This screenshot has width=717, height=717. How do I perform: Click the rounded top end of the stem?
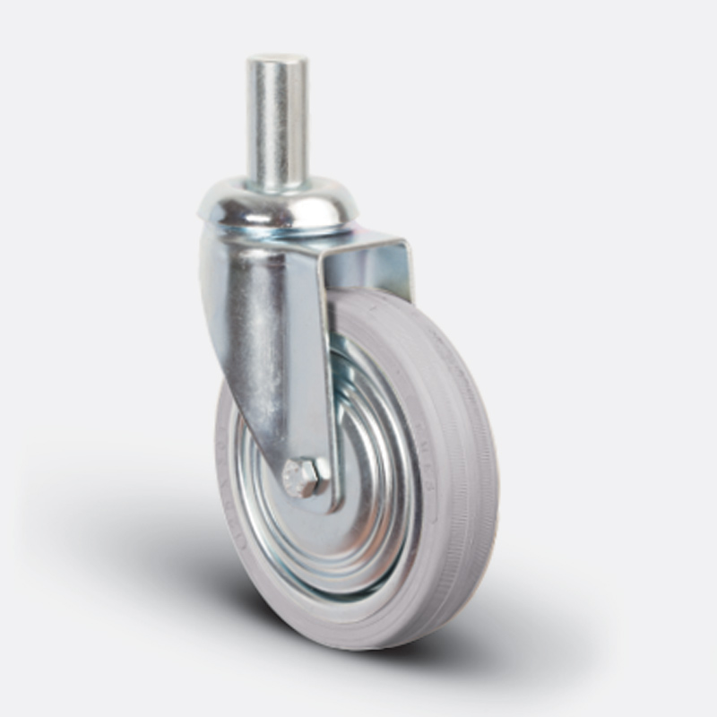tap(277, 61)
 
